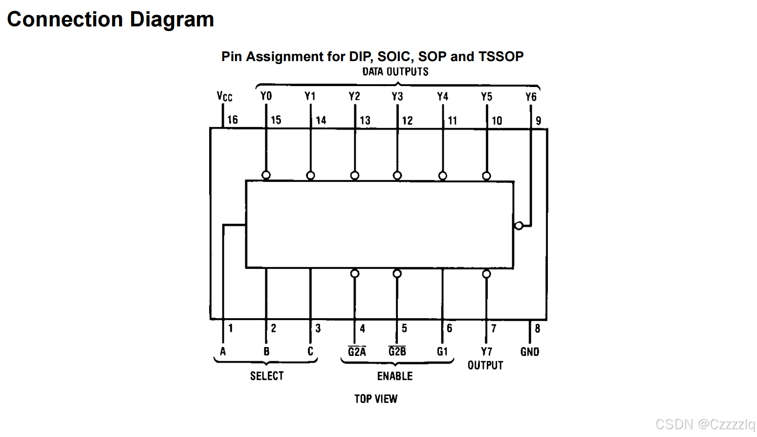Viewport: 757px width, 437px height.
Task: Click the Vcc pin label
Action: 224,96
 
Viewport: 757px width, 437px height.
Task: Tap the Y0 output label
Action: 266,96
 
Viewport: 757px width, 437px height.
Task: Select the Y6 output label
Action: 531,97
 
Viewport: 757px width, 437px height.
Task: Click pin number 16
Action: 233,120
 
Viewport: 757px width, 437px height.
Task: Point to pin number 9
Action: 539,121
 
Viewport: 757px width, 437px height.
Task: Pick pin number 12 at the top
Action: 407,121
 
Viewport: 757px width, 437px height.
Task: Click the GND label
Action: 530,352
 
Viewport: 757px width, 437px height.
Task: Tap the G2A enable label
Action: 357,352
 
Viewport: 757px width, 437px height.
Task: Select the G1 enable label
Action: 442,351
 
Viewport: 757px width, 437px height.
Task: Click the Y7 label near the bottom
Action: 486,352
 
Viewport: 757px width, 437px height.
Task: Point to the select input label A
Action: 223,351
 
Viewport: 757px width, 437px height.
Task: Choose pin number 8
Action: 538,328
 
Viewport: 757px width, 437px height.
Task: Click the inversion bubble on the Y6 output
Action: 519,225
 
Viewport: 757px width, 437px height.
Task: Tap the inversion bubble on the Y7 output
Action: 486,274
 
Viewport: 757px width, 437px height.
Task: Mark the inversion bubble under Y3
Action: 397,175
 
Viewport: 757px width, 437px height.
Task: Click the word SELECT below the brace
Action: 267,376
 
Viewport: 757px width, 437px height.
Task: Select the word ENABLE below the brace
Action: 395,376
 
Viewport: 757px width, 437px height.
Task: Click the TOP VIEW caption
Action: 376,399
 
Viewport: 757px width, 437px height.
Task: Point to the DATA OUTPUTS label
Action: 395,72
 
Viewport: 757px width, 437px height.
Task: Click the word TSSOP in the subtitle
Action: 501,57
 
